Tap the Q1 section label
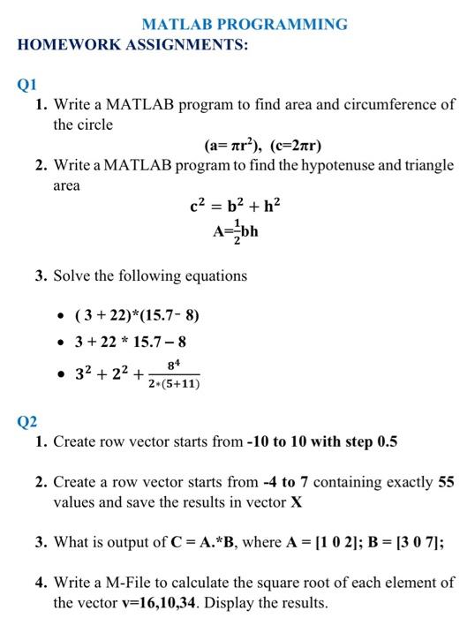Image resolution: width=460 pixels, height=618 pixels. [27, 86]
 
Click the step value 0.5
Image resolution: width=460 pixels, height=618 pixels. [387, 441]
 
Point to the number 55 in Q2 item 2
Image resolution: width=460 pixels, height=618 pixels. [445, 482]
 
